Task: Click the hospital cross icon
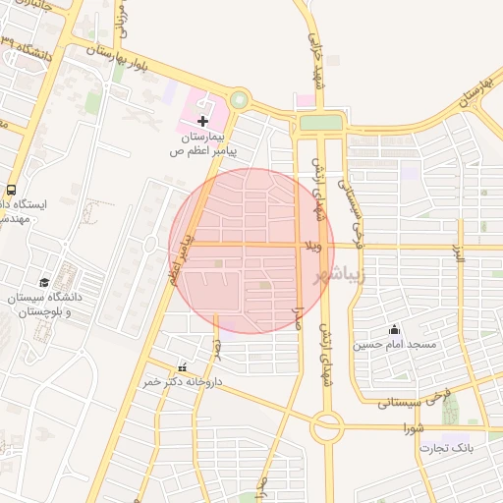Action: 202,121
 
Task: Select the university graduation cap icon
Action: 43,282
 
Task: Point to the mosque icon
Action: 394,329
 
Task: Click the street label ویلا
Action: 314,244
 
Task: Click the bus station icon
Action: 11,189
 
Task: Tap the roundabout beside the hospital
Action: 239,99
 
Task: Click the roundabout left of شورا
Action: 326,428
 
